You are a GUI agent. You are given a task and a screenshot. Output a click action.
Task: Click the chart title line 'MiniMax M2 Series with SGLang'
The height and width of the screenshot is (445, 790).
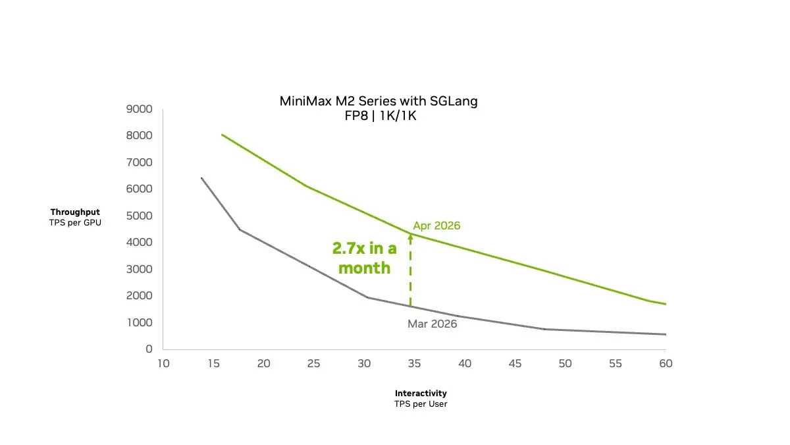point(379,102)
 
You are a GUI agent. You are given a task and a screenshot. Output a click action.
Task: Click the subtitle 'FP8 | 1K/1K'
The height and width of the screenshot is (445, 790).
point(379,116)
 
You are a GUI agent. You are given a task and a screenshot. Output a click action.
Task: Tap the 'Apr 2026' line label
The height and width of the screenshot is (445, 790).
point(436,225)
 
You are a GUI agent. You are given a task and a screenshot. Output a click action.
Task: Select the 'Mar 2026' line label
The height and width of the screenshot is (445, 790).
point(432,324)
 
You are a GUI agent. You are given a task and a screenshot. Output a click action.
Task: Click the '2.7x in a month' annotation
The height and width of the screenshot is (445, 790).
point(364,258)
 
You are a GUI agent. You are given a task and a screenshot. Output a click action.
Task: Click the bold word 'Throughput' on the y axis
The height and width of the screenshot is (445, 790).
point(75,212)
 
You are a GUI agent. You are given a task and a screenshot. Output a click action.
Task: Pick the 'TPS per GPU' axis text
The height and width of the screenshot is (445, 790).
point(75,223)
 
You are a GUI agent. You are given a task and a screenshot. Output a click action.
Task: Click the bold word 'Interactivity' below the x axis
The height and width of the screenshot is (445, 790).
point(421,393)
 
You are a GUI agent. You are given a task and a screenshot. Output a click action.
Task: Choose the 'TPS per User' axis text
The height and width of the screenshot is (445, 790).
point(421,403)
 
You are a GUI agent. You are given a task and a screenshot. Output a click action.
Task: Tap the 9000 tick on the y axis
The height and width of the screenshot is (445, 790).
point(139,109)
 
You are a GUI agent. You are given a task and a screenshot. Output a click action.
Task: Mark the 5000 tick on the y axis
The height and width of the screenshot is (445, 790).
point(139,216)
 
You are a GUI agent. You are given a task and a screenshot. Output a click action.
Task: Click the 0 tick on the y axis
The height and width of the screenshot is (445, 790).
point(149,349)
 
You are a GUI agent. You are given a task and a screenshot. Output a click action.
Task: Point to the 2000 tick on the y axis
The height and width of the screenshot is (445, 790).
point(139,295)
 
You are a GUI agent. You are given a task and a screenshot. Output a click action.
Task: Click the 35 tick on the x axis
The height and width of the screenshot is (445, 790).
point(414,363)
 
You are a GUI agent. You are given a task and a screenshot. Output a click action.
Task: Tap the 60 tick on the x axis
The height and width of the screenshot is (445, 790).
point(666,363)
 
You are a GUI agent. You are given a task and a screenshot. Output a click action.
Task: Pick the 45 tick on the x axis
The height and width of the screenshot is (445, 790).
point(515,363)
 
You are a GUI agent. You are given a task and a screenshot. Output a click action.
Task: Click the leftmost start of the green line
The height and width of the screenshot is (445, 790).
point(222,134)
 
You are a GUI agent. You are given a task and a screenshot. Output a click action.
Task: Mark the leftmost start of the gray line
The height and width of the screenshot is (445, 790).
point(201,178)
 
